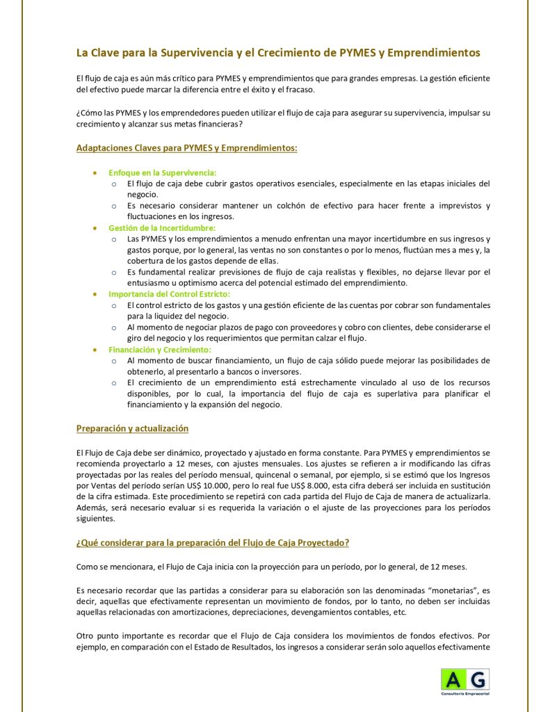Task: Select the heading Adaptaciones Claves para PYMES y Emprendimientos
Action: (x=186, y=147)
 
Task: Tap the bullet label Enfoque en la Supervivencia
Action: (x=162, y=172)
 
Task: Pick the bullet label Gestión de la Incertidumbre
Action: (x=162, y=228)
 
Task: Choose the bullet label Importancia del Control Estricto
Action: (x=169, y=294)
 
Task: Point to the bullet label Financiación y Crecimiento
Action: (x=159, y=350)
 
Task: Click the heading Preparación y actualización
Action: (x=132, y=428)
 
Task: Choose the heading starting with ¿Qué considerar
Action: (x=217, y=542)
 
